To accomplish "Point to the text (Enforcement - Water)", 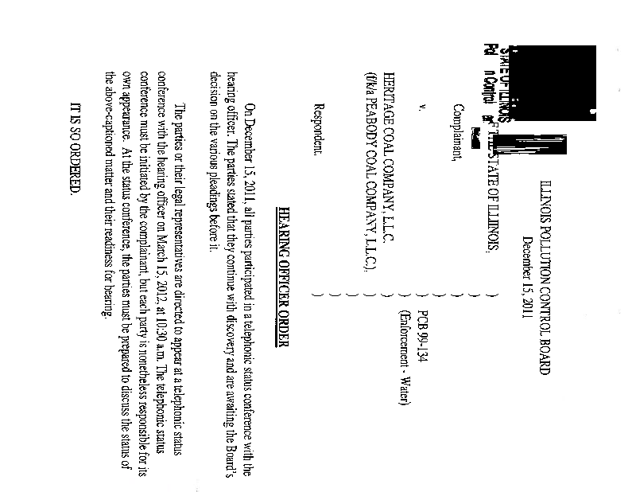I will pos(405,350).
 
